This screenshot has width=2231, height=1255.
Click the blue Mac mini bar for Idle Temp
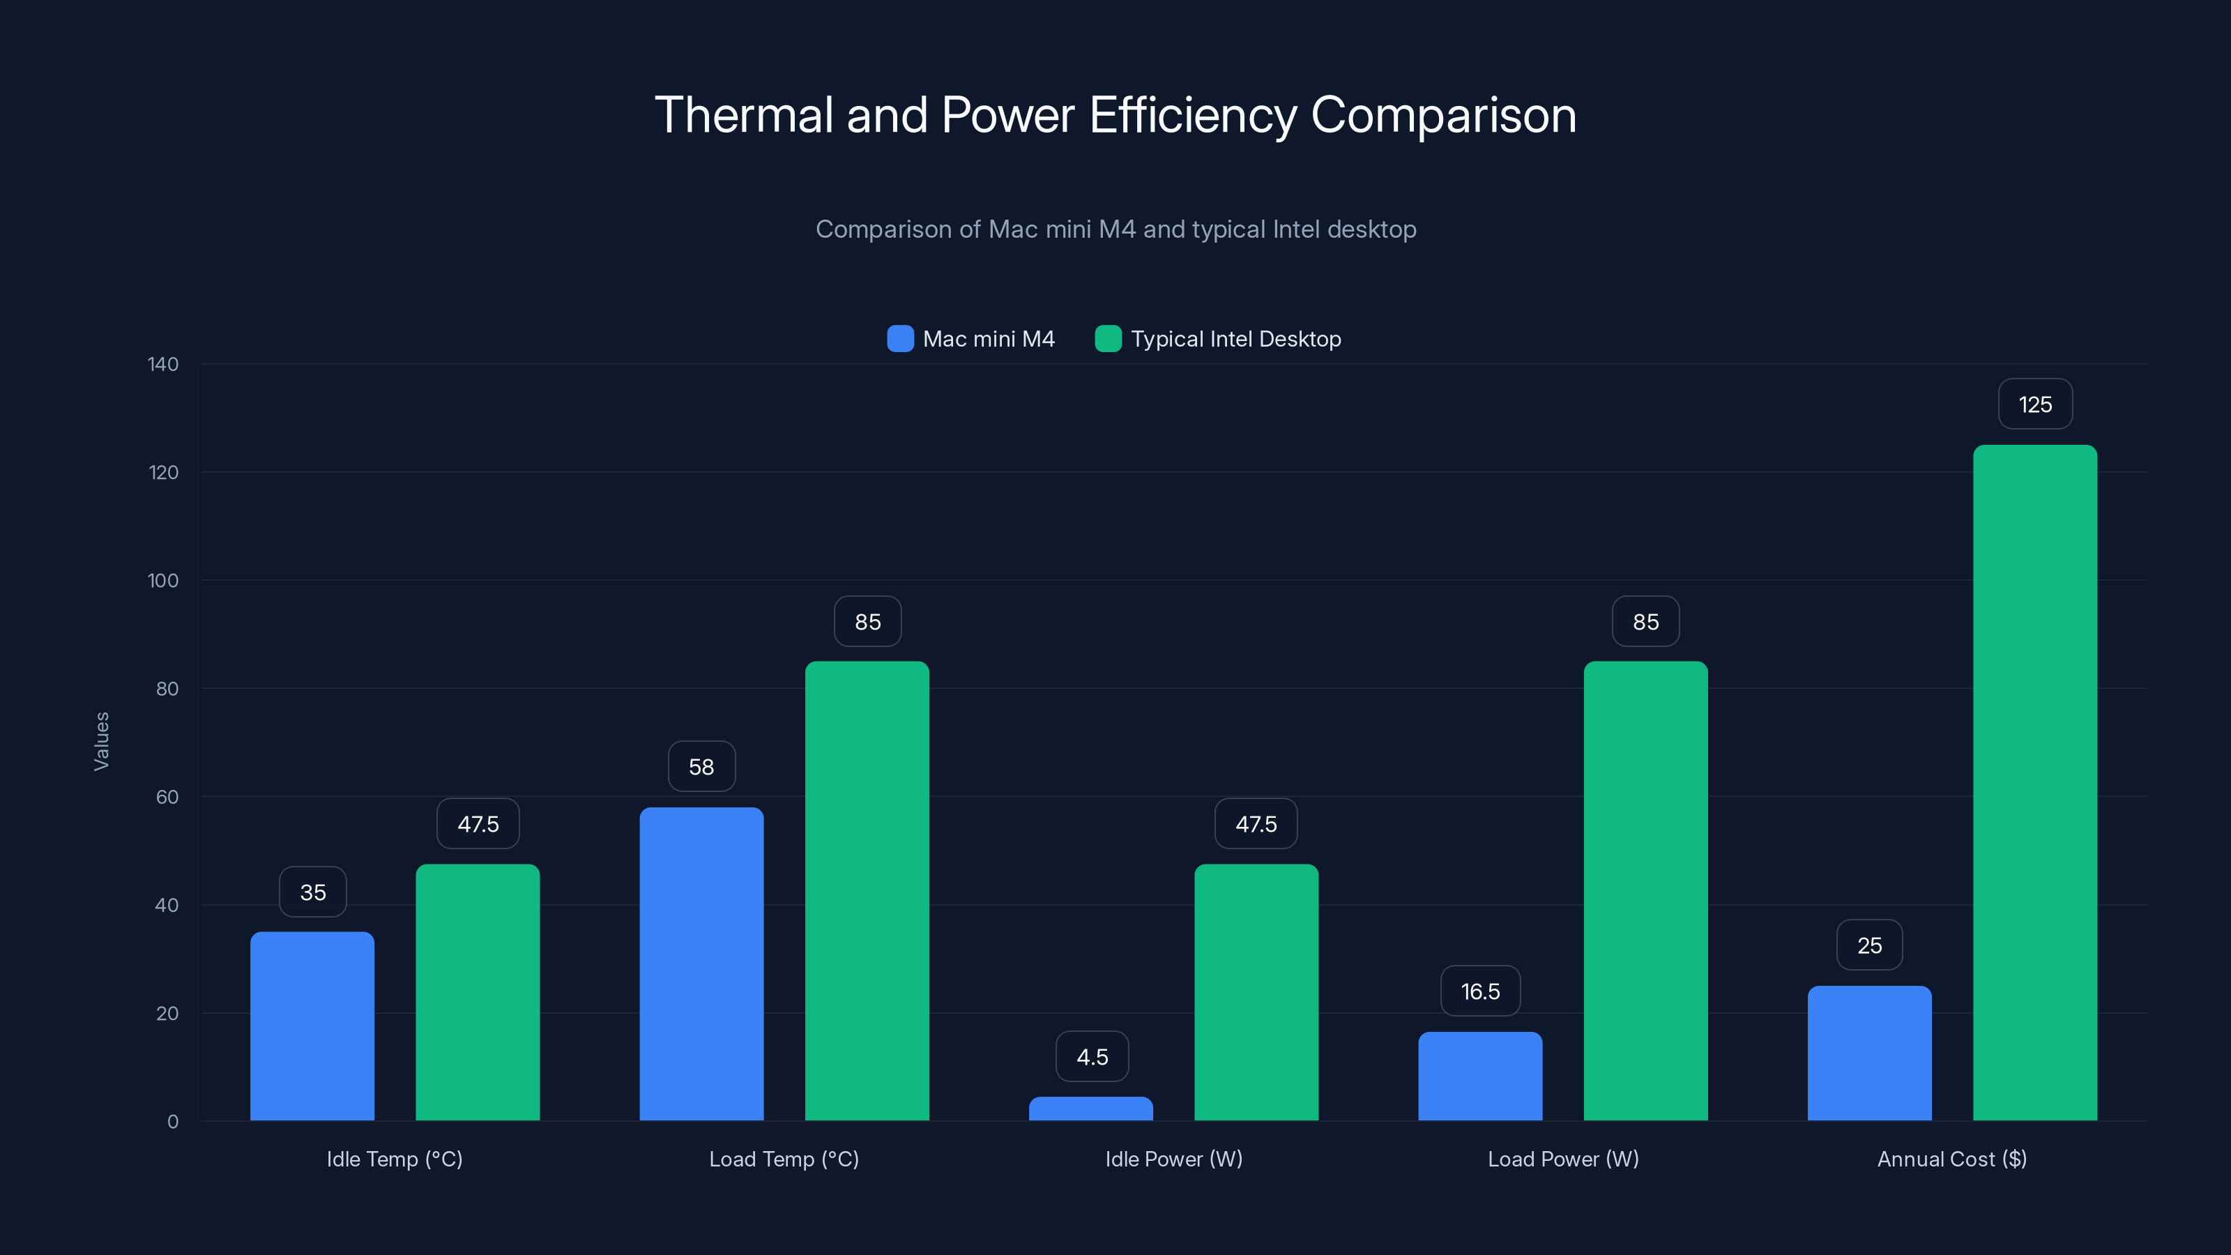[312, 1026]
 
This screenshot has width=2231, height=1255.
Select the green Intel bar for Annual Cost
[2034, 783]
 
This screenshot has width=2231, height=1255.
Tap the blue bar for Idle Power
[1090, 1109]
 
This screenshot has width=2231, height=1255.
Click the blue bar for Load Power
[1480, 1076]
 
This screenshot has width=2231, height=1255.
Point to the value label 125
[2034, 404]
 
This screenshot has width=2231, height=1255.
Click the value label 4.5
[1091, 1057]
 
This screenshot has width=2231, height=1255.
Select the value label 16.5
[1480, 991]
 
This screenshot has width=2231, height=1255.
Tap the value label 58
[701, 766]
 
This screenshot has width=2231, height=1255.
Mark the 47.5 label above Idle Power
[1256, 823]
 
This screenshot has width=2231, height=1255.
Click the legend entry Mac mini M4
[971, 339]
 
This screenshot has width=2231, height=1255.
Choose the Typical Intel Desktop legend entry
[1219, 339]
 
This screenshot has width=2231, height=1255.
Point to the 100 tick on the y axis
[163, 580]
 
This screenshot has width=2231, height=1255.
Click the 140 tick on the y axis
[163, 364]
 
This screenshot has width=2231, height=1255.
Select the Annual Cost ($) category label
[1951, 1159]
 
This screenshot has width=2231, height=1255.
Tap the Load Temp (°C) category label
[784, 1159]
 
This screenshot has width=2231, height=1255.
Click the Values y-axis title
[101, 741]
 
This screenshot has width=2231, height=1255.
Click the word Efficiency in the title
[1193, 115]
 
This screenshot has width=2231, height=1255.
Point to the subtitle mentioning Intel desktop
[1115, 229]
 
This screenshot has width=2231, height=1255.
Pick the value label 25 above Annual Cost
[1869, 945]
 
